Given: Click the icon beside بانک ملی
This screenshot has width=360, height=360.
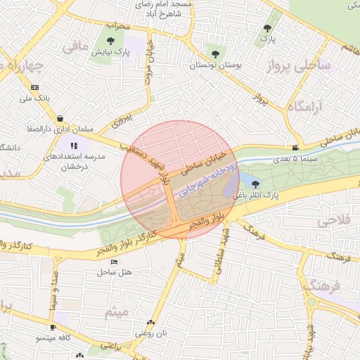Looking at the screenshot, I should [x=34, y=88].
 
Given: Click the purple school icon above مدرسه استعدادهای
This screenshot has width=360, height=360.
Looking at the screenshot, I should [x=74, y=146].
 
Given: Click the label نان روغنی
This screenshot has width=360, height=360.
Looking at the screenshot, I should [x=151, y=333].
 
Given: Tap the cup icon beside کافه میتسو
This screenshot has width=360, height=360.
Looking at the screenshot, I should [x=53, y=328].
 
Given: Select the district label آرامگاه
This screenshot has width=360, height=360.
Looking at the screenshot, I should [x=304, y=106].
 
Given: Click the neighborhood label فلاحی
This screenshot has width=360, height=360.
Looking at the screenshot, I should [x=333, y=221].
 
